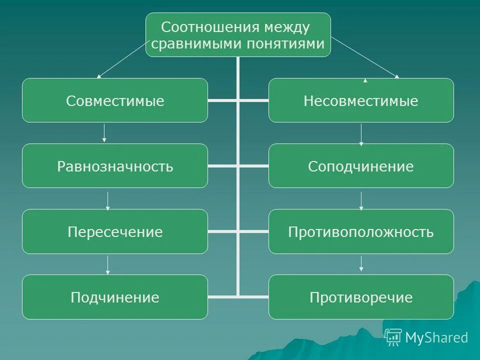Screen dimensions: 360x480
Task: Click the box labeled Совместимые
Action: click(115, 100)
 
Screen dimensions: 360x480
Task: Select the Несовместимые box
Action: click(361, 100)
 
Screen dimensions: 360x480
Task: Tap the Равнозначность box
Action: click(115, 166)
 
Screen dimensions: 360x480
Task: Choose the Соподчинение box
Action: click(361, 166)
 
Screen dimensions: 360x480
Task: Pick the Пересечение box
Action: click(115, 231)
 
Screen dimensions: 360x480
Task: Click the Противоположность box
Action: click(361, 231)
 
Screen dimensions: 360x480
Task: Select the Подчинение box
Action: click(115, 297)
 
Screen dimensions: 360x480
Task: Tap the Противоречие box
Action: click(361, 297)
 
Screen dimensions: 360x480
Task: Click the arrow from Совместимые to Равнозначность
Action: click(104, 133)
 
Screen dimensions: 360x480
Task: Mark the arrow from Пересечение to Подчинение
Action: click(107, 264)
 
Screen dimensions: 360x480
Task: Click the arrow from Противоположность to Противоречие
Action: click(361, 263)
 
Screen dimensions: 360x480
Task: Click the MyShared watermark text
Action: click(436, 338)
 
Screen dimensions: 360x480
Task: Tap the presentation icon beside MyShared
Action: click(393, 337)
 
